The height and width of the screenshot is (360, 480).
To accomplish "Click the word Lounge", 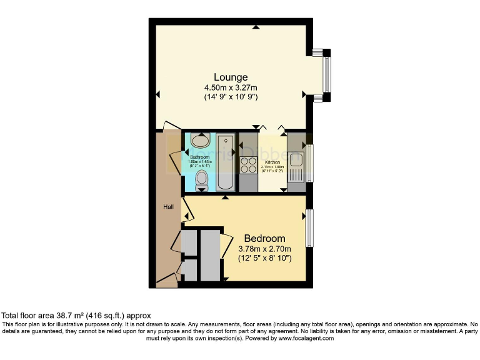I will point(231,77).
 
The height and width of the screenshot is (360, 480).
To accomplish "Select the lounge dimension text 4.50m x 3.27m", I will point(231,87).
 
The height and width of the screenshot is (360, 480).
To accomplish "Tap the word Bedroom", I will point(264,238).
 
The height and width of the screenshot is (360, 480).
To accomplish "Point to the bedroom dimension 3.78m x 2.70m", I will point(264,248).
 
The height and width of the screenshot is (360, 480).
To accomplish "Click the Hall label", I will point(168,207).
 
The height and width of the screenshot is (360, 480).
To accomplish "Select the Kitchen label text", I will point(272,162).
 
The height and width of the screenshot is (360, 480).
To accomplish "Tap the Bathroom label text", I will point(201,157).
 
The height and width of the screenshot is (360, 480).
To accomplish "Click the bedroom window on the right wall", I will point(309,228).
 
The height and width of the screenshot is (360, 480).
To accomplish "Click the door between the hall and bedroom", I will point(185,209).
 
